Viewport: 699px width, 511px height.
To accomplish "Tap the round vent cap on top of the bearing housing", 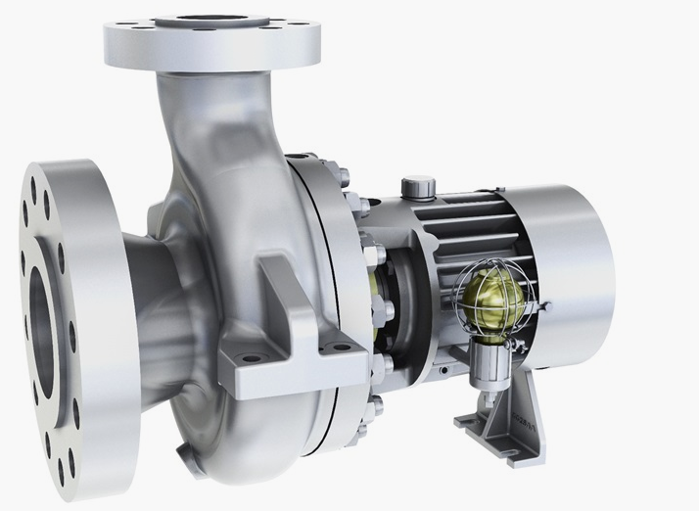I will [x=418, y=185].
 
